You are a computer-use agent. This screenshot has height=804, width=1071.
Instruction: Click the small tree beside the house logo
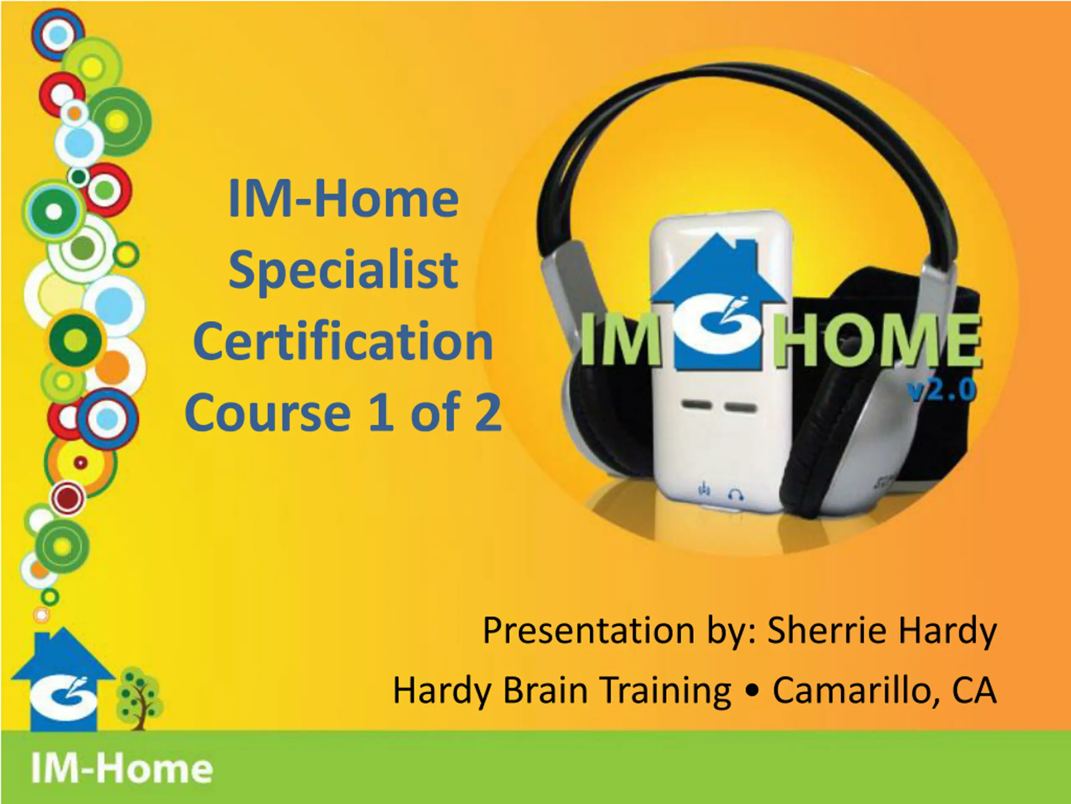(139, 698)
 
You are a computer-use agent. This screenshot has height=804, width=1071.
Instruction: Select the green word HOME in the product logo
(877, 340)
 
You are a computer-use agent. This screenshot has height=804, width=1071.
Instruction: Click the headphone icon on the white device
(736, 495)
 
